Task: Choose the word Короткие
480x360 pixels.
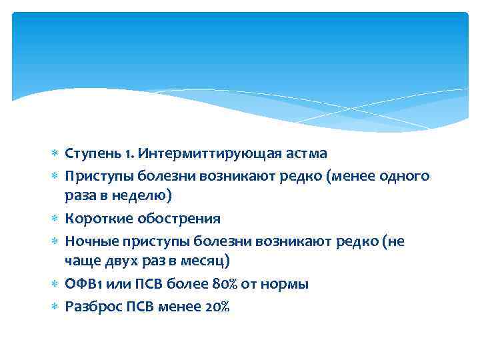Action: click(x=94, y=218)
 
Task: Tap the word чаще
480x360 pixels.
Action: click(x=81, y=261)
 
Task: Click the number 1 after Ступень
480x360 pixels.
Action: click(x=119, y=153)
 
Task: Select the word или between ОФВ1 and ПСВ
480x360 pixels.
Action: click(x=116, y=284)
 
